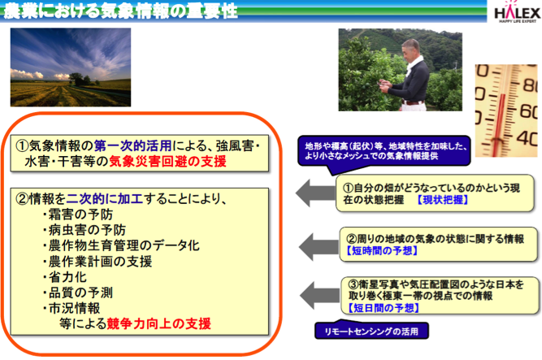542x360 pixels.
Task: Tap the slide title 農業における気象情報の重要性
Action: pos(121,11)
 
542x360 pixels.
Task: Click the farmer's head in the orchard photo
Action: pos(412,49)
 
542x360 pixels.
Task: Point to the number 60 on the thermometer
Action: pos(528,111)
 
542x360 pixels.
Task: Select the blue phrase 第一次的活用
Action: pos(133,145)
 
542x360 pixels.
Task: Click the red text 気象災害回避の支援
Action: pos(167,161)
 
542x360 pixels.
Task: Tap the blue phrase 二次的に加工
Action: pos(104,198)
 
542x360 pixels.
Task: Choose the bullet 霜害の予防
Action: pos(78,215)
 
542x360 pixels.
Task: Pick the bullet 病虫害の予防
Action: pos(85,230)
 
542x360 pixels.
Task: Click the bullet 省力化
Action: pos(65,277)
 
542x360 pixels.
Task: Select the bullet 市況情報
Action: pos(72,308)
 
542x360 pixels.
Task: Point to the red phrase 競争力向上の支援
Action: pos(159,323)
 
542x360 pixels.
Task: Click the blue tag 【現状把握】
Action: pos(443,200)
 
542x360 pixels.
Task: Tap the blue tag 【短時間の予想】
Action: pos(382,250)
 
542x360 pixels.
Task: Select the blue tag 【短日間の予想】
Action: pos(384,307)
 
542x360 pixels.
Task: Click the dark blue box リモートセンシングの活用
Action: pos(371,331)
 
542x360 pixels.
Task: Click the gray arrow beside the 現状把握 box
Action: pos(315,193)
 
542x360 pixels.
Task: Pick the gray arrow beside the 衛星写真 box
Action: pos(319,295)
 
